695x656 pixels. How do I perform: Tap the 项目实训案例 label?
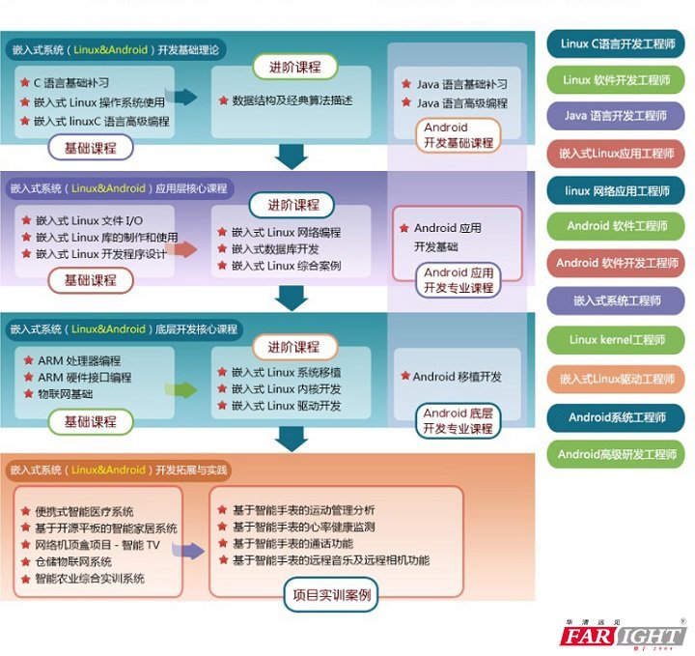(x=332, y=595)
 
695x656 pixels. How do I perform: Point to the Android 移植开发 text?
(x=457, y=377)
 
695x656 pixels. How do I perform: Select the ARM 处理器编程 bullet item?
(x=83, y=360)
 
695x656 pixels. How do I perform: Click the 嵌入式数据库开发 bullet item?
(x=282, y=249)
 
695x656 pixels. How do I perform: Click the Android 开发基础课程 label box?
(x=459, y=135)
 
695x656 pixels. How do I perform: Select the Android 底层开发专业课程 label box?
(x=459, y=421)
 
